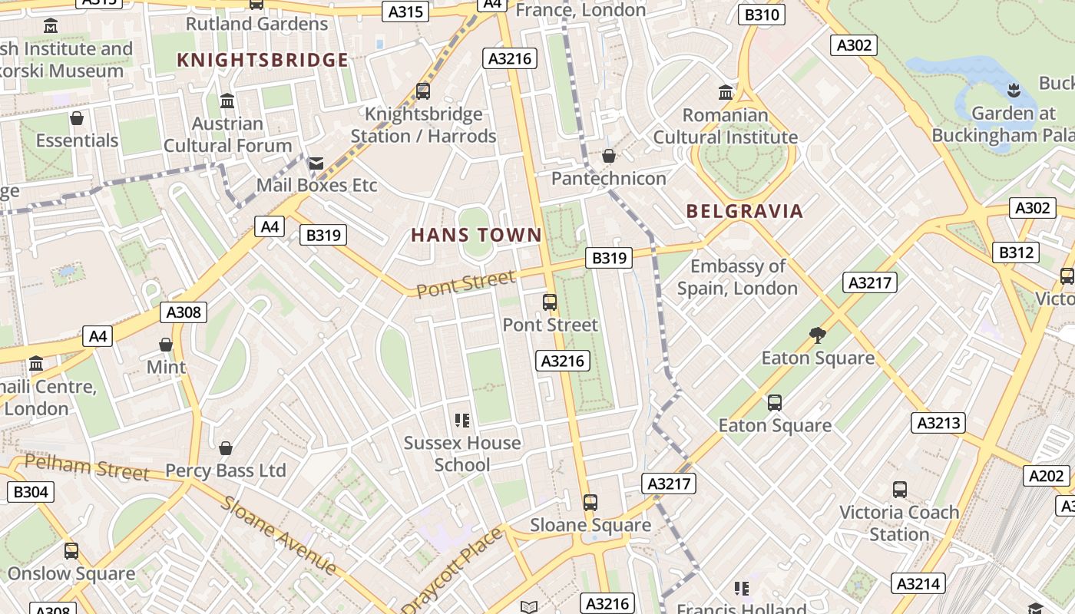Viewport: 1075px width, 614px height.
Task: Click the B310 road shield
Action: tap(762, 15)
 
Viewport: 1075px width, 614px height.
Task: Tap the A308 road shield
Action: tap(184, 312)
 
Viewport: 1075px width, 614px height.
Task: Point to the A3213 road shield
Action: tap(938, 423)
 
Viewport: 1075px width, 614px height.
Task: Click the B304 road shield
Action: tap(31, 491)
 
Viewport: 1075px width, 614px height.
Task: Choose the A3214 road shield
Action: tap(918, 584)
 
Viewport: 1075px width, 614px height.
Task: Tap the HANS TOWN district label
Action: tap(476, 235)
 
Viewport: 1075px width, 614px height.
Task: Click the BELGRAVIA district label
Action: tap(744, 211)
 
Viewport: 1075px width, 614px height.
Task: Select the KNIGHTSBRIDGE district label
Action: tap(263, 60)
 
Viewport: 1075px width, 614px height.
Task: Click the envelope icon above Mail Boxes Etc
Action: tap(316, 163)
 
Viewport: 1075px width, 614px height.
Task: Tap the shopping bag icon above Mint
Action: tap(166, 345)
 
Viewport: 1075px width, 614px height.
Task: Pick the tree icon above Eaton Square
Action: tap(817, 335)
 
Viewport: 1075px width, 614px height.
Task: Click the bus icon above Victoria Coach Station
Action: tap(900, 489)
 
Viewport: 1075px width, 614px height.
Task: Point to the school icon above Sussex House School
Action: tap(461, 420)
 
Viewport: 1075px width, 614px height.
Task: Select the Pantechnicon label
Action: tap(609, 179)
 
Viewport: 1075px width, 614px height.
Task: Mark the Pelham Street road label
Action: tap(86, 467)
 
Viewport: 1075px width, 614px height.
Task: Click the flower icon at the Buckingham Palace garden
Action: tap(1014, 90)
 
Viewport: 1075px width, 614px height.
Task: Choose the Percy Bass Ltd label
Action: tap(226, 470)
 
